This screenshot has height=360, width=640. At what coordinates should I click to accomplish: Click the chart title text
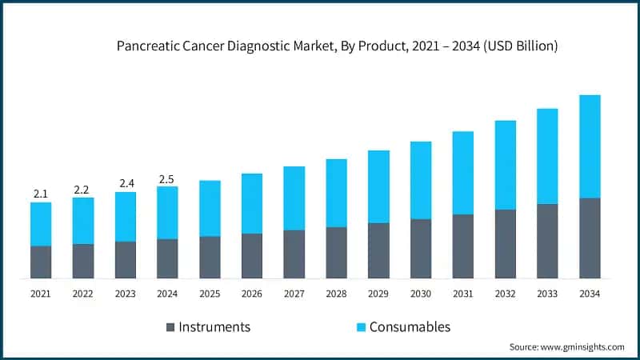click(x=337, y=46)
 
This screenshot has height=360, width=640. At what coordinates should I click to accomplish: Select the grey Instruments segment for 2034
click(x=590, y=238)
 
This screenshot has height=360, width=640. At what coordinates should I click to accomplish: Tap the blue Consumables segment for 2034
click(x=590, y=146)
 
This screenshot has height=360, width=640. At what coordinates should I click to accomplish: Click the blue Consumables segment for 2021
click(x=41, y=224)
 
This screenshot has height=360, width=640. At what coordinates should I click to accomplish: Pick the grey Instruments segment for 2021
click(x=41, y=262)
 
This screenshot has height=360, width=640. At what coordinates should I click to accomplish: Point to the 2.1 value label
click(x=41, y=194)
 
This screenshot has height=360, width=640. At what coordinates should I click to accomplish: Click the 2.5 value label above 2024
click(x=167, y=178)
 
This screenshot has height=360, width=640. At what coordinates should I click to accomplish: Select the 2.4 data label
click(x=126, y=183)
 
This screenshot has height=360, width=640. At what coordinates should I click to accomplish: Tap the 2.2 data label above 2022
click(x=83, y=189)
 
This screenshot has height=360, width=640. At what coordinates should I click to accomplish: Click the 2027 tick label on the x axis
click(x=294, y=294)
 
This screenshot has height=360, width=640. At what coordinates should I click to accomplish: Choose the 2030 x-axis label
click(x=421, y=294)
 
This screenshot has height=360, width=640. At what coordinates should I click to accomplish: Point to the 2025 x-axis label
click(x=210, y=294)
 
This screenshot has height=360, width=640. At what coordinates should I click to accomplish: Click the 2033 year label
click(x=547, y=294)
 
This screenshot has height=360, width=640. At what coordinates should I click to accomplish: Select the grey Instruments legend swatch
click(x=170, y=327)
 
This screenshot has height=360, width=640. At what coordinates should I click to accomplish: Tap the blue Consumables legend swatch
click(x=361, y=327)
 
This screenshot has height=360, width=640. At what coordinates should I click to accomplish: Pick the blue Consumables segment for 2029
click(x=378, y=186)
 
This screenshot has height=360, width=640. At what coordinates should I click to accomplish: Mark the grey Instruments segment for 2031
click(x=463, y=246)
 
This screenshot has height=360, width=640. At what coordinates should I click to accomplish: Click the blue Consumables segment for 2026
click(x=252, y=203)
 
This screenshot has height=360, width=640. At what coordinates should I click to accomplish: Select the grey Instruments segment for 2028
click(x=336, y=253)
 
